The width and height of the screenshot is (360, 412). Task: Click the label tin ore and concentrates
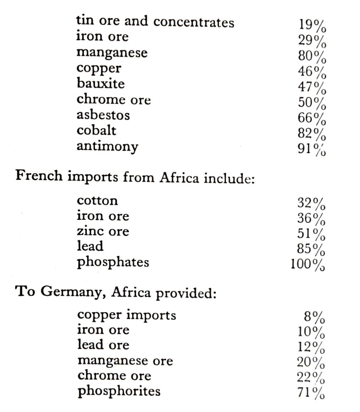155,22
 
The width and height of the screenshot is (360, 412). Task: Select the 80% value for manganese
312,57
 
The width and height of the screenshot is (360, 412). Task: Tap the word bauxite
101,83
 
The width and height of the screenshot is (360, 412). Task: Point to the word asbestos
103,115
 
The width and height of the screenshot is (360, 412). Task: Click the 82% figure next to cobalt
312,134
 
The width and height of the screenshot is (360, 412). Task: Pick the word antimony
107,147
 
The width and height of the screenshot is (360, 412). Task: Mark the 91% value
312,150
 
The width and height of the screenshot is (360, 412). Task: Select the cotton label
98,200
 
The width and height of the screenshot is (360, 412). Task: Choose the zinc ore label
103,231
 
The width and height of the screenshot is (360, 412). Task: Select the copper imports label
127,315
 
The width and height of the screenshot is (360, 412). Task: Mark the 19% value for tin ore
312,25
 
